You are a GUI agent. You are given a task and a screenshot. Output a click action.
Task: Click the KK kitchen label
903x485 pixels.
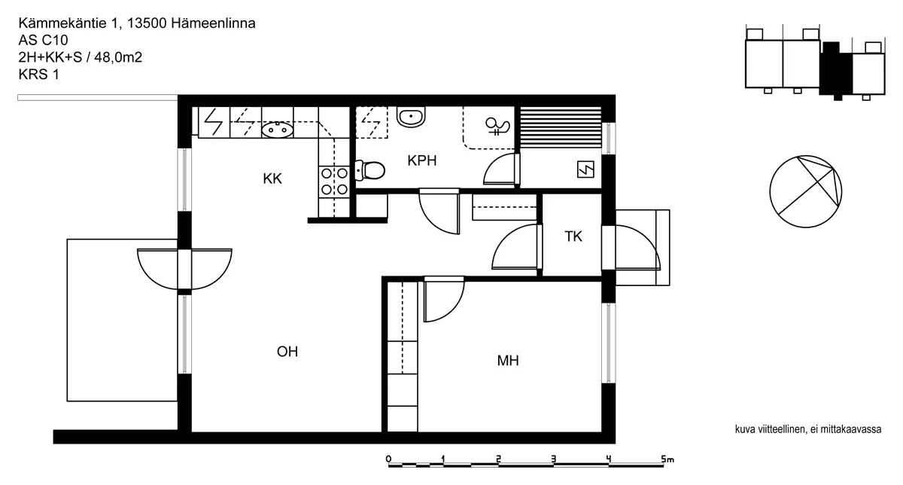(x=272, y=178)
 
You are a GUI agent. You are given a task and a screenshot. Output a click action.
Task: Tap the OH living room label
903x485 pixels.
(x=287, y=352)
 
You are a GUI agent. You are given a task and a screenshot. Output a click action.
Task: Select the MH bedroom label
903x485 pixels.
(x=507, y=360)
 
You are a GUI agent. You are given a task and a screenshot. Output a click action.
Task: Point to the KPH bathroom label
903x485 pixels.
(x=421, y=160)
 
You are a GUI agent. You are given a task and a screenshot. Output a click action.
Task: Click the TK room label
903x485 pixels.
(x=573, y=236)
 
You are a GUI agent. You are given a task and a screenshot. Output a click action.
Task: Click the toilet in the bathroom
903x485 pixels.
(x=369, y=170)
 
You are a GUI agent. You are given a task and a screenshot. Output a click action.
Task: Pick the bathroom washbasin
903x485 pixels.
(x=411, y=116)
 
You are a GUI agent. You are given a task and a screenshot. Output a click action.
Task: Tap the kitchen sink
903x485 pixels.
(x=277, y=130)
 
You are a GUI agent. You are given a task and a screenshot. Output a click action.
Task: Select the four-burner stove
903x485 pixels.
(x=334, y=181)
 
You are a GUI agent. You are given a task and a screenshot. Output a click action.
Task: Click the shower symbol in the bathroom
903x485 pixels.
(x=498, y=126)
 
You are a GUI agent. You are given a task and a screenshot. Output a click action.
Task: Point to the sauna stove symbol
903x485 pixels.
(x=585, y=169)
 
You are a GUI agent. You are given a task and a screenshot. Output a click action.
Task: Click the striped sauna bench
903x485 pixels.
(x=561, y=127)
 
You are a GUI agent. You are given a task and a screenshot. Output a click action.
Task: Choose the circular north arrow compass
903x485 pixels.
(x=805, y=191)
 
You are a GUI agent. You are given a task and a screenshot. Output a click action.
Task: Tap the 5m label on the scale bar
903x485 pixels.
(x=667, y=459)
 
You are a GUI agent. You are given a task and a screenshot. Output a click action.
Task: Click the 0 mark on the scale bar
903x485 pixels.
(x=388, y=459)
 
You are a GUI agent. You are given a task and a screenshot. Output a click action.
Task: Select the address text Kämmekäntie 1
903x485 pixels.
(x=69, y=23)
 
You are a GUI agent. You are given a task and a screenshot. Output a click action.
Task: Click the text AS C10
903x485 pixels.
(x=43, y=40)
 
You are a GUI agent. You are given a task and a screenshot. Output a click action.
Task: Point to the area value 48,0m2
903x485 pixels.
(x=118, y=57)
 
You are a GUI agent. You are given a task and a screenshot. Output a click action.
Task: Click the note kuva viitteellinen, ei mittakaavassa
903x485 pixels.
(x=808, y=429)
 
